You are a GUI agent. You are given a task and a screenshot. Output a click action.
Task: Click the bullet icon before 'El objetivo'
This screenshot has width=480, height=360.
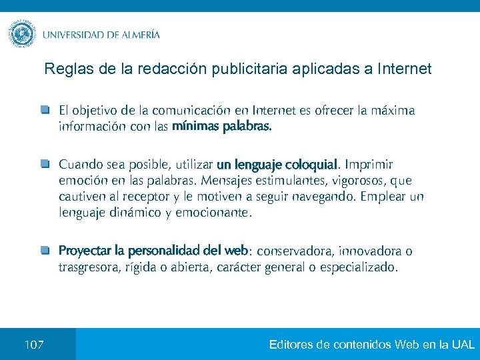pos(45,109)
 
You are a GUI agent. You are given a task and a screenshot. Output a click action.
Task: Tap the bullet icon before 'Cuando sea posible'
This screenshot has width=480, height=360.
pos(45,163)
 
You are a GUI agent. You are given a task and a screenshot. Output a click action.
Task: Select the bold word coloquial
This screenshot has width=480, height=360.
pos(312,164)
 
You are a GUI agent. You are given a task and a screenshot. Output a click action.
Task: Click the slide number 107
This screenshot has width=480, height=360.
pos(34,345)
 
